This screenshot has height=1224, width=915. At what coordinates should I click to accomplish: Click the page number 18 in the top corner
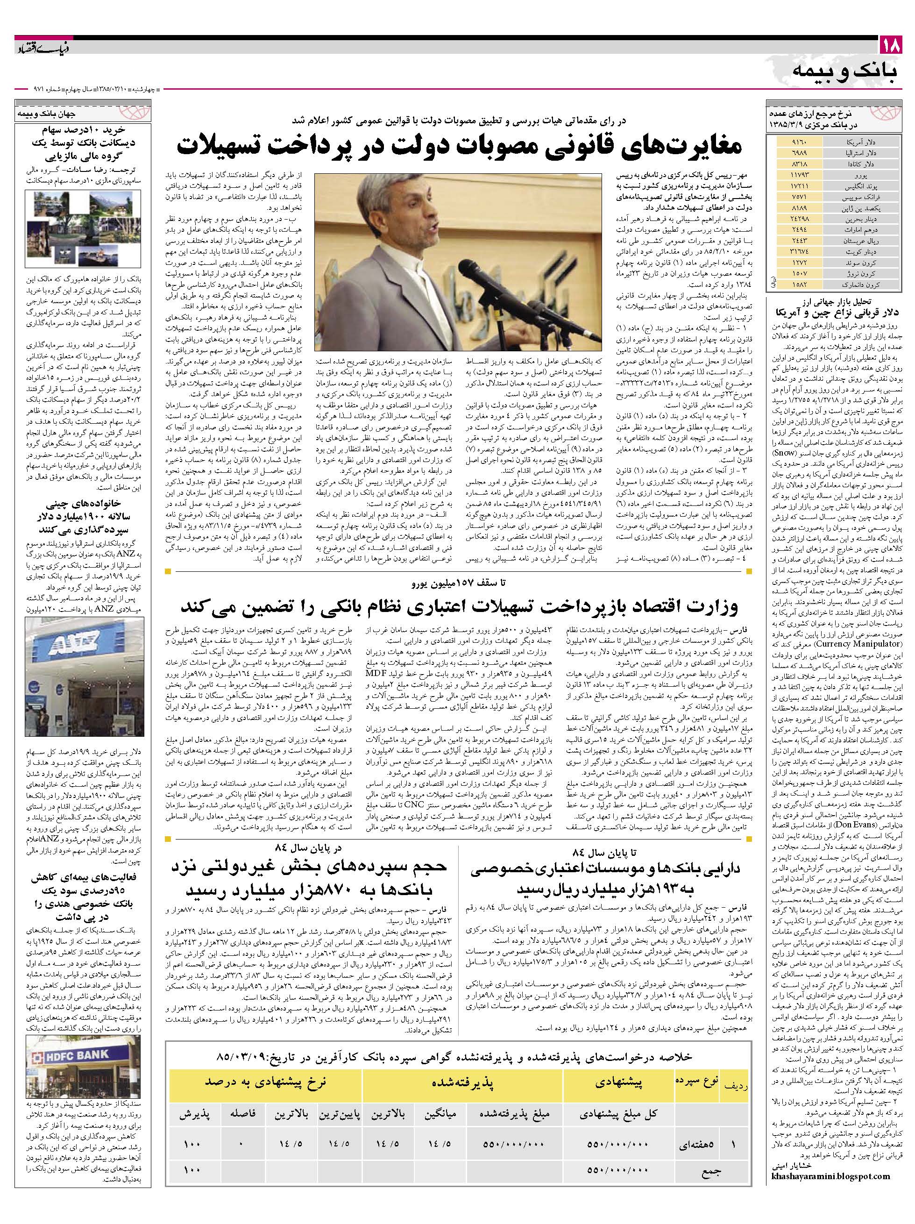pos(892,45)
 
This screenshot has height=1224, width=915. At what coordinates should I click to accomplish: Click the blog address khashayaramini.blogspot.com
pos(830,1203)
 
